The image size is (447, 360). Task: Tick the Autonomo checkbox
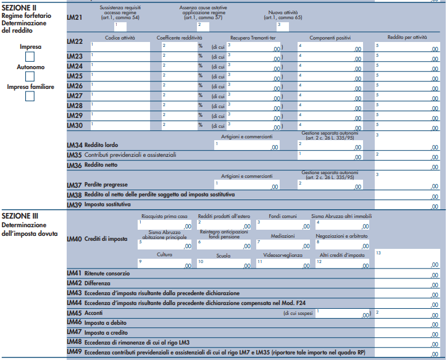coord(30,77)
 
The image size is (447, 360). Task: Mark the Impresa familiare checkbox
coord(30,96)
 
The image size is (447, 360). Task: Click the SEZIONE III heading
coord(20,216)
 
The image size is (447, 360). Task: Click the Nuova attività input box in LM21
coord(283,25)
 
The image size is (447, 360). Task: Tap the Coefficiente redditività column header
coord(179,38)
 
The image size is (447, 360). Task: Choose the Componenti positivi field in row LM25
coord(330,76)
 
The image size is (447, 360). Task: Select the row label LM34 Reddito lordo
coord(93,144)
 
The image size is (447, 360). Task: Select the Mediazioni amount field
coord(283,245)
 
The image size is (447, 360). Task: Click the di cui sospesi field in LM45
coord(343,314)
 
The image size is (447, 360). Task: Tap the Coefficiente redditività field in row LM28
coord(178,106)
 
